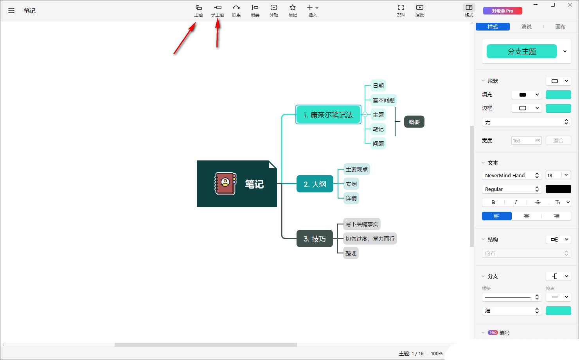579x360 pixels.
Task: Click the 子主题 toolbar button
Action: click(218, 11)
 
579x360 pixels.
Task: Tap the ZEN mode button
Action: click(401, 11)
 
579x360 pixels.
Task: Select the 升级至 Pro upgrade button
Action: click(502, 11)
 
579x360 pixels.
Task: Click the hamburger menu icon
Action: click(11, 11)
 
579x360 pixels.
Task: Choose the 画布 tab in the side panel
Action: click(560, 27)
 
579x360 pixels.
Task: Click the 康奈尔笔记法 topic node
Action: click(328, 115)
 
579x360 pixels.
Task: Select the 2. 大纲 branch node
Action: click(315, 184)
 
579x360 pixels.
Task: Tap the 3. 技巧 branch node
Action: click(315, 238)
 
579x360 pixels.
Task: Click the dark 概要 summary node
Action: click(414, 122)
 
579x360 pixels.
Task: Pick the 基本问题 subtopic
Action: click(383, 100)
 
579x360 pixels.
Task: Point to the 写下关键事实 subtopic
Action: click(362, 224)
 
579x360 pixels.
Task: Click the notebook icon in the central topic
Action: click(225, 184)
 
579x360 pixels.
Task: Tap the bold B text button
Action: click(493, 203)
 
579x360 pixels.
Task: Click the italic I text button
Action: click(515, 203)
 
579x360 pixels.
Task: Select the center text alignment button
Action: click(527, 216)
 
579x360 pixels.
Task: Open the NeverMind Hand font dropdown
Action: click(512, 175)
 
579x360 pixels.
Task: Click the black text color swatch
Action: click(558, 189)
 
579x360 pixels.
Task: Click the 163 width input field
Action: click(526, 140)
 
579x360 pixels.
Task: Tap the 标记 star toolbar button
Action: click(293, 11)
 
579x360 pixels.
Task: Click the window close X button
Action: click(570, 5)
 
